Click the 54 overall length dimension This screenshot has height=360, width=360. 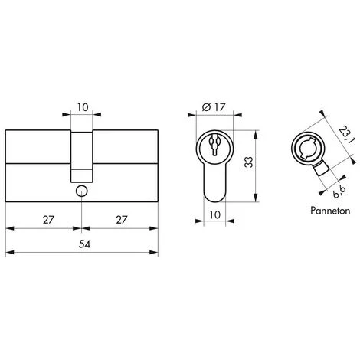(x=84, y=244)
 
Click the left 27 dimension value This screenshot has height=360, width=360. (x=48, y=220)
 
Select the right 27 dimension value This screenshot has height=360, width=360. (x=122, y=220)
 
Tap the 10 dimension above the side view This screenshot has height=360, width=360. (x=83, y=107)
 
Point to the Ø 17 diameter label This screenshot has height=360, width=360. (x=214, y=107)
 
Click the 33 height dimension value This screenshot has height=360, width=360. (x=248, y=162)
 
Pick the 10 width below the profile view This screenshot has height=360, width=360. (x=214, y=214)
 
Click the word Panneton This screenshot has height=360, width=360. (x=330, y=211)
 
